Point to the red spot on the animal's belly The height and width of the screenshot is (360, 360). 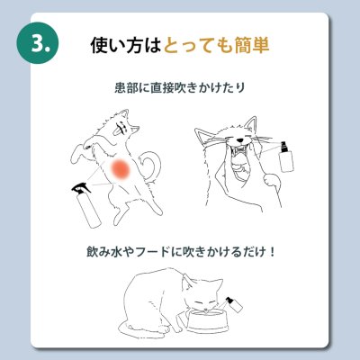point(121,167)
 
